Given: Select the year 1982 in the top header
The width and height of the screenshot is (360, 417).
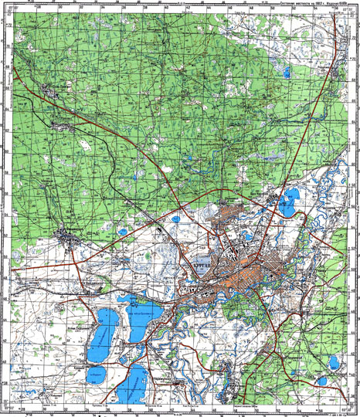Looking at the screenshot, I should (318, 3).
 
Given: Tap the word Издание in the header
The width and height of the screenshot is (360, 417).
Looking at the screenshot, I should (333, 3).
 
